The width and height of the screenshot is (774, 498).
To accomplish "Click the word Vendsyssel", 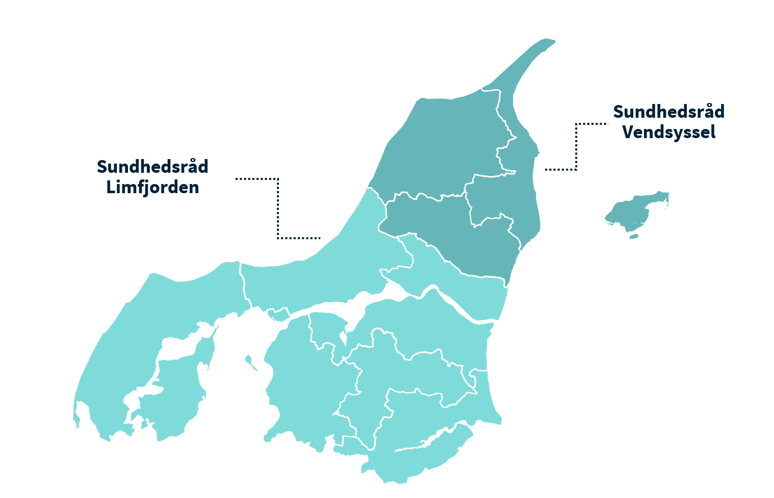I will click(x=668, y=133).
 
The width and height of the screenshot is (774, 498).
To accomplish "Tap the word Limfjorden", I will click(x=152, y=188).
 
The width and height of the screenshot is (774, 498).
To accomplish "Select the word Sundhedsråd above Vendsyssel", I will click(x=668, y=112).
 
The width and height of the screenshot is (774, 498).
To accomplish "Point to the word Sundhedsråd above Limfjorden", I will click(x=152, y=167).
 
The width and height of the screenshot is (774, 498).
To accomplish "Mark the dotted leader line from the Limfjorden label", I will click(x=278, y=209).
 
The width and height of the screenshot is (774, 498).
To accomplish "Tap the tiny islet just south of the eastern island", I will click(x=634, y=236).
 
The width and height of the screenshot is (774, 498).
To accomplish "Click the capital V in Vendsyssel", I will click(x=628, y=133).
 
